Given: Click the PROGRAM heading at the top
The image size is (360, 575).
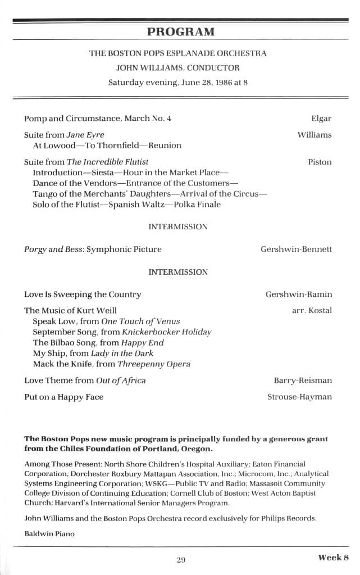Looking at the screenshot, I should [x=180, y=31].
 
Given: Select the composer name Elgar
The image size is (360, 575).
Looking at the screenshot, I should [x=321, y=119].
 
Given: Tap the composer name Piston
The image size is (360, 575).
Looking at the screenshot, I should [x=320, y=162].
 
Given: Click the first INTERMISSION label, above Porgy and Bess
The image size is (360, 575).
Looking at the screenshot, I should [x=178, y=227].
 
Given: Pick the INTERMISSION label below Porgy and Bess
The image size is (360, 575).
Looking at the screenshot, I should [x=178, y=272].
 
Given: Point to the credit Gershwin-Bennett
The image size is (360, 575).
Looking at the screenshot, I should [x=296, y=249].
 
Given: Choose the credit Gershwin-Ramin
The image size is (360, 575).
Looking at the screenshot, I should [x=298, y=295].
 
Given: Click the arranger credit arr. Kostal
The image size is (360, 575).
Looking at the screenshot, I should [x=312, y=310].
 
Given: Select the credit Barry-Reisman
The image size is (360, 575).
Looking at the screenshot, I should [x=303, y=381].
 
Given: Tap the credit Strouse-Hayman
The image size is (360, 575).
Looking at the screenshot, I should [x=299, y=397].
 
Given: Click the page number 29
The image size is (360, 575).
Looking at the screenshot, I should [x=180, y=559].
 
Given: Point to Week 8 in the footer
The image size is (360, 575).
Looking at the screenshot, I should [x=334, y=558].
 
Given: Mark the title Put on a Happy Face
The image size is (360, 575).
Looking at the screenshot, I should [x=63, y=397].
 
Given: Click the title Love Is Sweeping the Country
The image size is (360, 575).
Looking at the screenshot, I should [x=83, y=295].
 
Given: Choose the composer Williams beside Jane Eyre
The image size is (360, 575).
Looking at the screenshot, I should [x=315, y=135].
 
